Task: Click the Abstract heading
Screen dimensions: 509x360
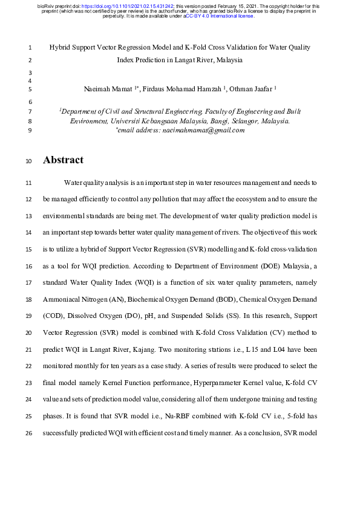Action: coord(63,161)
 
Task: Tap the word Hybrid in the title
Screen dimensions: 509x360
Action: coord(60,47)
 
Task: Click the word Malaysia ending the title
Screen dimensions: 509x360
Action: coord(229,60)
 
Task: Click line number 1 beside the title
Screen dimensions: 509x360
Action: coord(30,47)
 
